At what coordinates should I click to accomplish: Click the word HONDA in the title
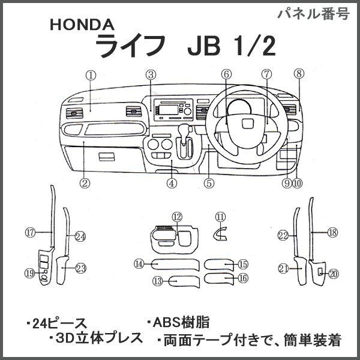coord(82,25)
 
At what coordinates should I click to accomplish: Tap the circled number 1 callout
coord(91,76)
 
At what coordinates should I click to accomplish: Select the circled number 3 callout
coord(151,75)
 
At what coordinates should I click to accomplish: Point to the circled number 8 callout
coord(299,74)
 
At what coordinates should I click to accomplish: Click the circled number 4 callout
coord(172,183)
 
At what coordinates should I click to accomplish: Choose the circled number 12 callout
coord(178,217)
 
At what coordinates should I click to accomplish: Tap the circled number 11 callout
coord(220,217)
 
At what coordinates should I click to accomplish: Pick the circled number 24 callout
coord(80,236)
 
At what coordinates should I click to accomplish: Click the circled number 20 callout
coord(334,274)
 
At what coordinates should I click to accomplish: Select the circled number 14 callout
coord(139,264)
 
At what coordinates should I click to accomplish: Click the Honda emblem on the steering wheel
coord(247,124)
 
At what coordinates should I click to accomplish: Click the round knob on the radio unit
coord(188,112)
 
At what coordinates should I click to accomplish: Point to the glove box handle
coord(107,157)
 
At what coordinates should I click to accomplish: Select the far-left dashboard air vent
coord(74,113)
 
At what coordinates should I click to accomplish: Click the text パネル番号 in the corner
coord(314,14)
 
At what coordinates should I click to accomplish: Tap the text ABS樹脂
coord(178,322)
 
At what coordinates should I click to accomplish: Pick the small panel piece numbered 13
coord(184,282)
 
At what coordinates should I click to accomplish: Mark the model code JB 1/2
coord(232,48)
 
